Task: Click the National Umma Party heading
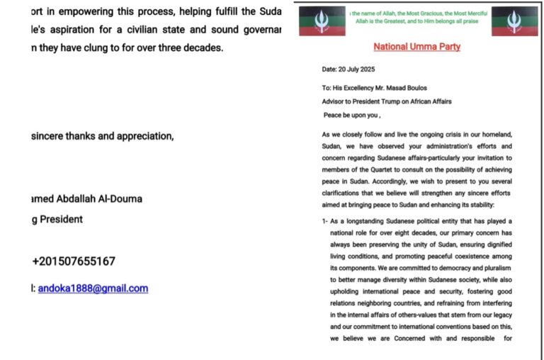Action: pyautogui.click(x=416, y=47)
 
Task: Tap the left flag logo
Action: pyautogui.click(x=322, y=21)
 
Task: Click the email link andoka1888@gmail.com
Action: pyautogui.click(x=93, y=288)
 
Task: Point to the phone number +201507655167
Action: pyautogui.click(x=74, y=261)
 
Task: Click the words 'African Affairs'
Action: pyautogui.click(x=432, y=101)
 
